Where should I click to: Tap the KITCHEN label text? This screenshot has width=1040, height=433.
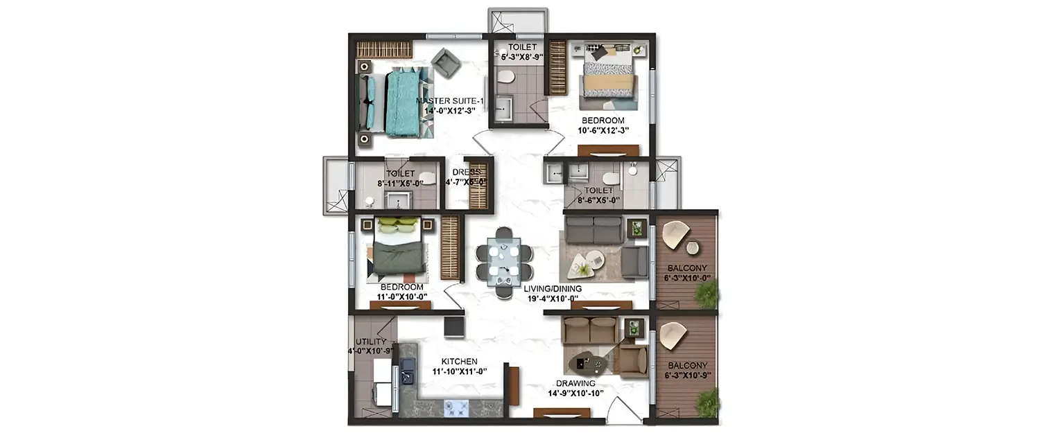460,362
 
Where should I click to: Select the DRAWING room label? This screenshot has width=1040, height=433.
575,383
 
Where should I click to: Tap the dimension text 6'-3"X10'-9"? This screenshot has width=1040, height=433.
687,376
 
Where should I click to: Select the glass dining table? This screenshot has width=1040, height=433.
504,262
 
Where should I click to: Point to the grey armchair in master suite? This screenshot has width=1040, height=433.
446,63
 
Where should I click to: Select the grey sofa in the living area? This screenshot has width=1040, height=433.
593,230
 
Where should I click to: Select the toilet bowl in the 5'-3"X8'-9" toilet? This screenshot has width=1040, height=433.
505,78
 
